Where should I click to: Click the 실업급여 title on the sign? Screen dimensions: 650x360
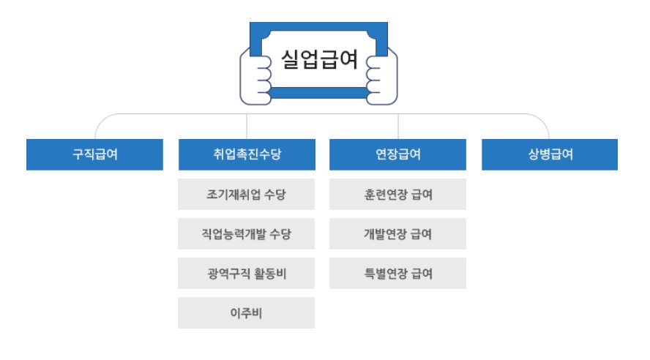click(319, 59)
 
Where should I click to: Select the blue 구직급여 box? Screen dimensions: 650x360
click(94, 154)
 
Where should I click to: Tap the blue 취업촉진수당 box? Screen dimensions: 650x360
click(247, 154)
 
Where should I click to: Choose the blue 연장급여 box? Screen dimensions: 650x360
click(397, 154)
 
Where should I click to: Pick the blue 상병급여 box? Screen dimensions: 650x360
click(549, 154)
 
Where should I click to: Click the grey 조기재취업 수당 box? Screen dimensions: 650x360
click(247, 195)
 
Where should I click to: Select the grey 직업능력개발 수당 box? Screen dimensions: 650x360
click(247, 234)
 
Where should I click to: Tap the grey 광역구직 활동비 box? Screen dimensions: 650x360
click(247, 274)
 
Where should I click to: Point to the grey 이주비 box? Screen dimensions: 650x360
click(247, 313)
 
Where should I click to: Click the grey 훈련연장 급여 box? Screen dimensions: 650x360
click(397, 195)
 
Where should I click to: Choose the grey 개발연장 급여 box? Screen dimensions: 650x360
click(397, 234)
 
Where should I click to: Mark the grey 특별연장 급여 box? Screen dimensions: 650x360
click(397, 274)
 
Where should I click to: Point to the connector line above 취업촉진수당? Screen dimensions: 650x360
click(247, 126)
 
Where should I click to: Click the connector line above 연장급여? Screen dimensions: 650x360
click(397, 126)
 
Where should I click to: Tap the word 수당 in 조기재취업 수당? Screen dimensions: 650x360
click(275, 195)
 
